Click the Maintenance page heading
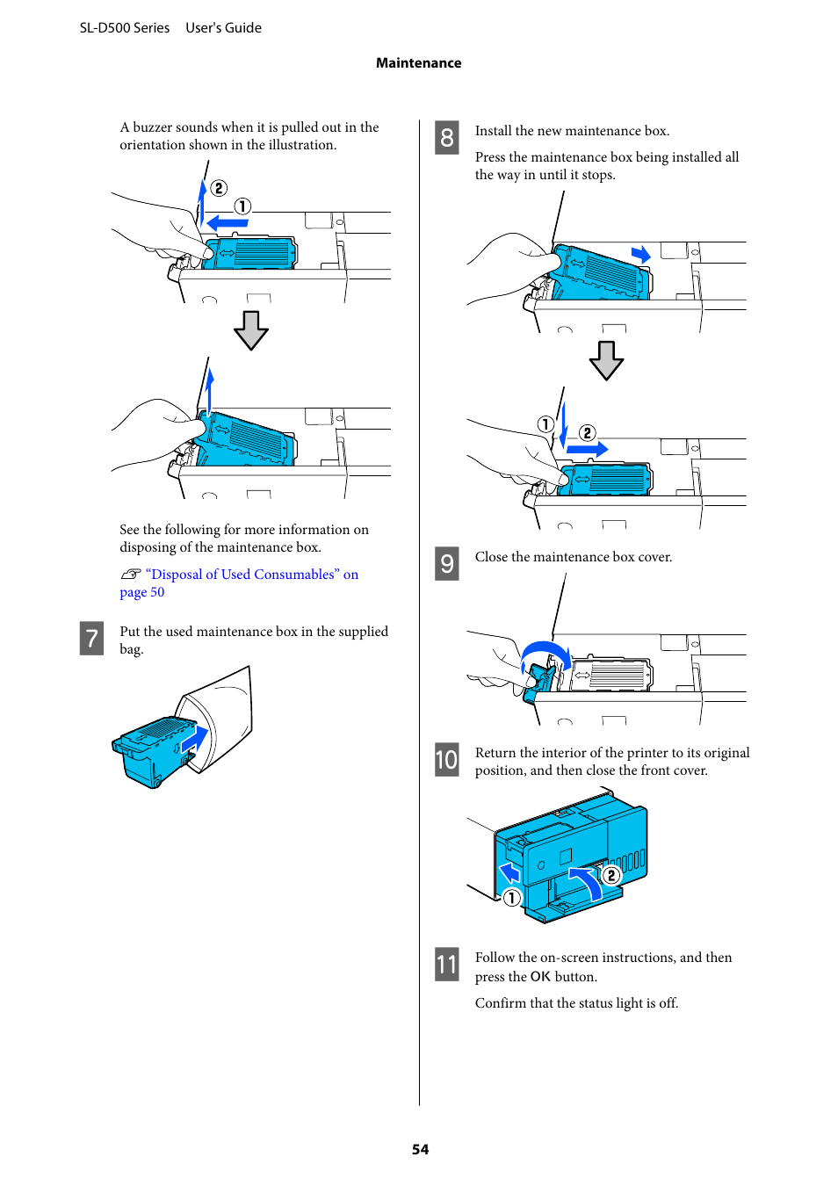click(x=418, y=63)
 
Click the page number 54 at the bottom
click(x=420, y=1149)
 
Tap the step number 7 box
click(x=91, y=638)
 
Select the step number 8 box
click(x=446, y=137)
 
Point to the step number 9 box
click(x=446, y=563)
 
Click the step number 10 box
click(x=446, y=759)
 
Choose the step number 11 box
click(x=446, y=965)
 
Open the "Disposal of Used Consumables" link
click(x=251, y=575)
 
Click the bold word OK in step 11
click(x=540, y=977)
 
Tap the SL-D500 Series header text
click(x=125, y=28)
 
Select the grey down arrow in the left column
click(x=251, y=330)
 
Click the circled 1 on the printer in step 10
click(x=511, y=897)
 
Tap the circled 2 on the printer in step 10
click(x=611, y=875)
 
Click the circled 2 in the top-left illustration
click(x=219, y=188)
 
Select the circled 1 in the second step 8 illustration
click(x=545, y=424)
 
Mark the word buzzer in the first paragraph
click(x=152, y=127)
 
